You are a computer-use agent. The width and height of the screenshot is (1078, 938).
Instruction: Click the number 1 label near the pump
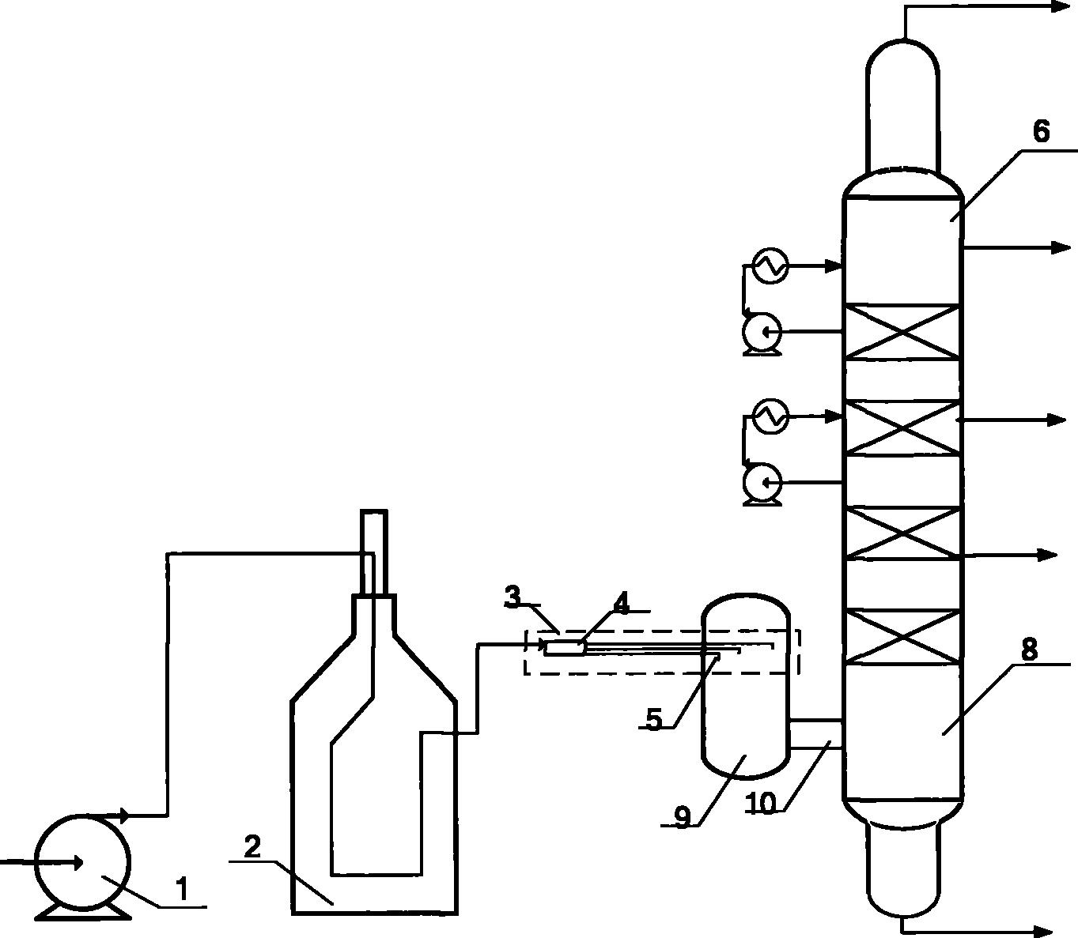click(x=183, y=889)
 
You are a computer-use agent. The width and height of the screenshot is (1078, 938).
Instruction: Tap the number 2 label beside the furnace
click(x=252, y=848)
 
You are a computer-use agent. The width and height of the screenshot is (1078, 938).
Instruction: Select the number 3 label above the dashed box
click(x=514, y=598)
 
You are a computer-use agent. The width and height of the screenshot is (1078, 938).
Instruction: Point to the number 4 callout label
click(x=622, y=605)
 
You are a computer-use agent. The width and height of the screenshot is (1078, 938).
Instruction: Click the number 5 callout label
click(x=653, y=719)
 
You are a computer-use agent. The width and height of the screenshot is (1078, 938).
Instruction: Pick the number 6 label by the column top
click(x=1041, y=132)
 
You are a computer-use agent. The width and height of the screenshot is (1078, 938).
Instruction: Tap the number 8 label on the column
click(x=1029, y=650)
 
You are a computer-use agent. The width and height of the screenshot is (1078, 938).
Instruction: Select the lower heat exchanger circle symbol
click(x=770, y=416)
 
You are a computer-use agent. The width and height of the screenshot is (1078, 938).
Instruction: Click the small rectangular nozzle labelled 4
click(x=565, y=648)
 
